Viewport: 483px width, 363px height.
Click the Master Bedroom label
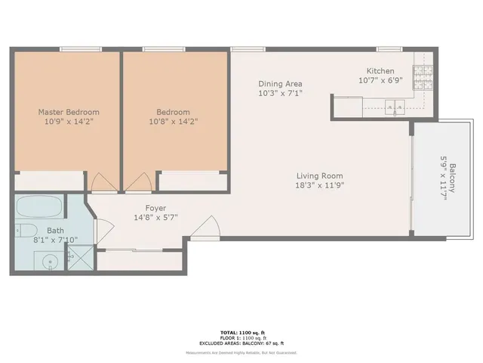69,112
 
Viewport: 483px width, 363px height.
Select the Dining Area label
280,84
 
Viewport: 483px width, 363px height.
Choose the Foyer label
155,208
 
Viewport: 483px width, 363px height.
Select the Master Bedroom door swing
100,182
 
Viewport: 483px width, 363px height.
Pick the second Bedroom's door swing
139,182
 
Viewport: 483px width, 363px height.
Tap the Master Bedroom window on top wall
80,50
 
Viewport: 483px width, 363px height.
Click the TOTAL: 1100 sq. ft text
241,333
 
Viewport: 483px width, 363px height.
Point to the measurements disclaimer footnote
241,353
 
